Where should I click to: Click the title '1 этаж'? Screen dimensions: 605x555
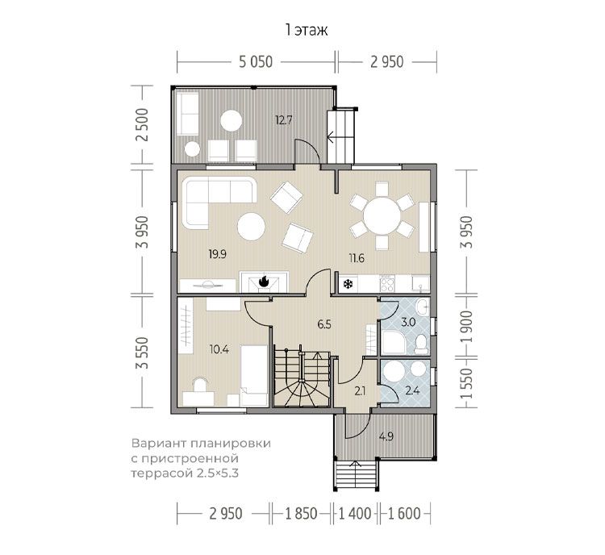click(x=307, y=30)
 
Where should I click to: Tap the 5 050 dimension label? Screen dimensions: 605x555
click(x=256, y=62)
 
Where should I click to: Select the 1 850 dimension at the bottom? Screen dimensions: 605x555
click(x=301, y=514)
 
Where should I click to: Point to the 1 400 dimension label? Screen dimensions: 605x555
click(x=355, y=514)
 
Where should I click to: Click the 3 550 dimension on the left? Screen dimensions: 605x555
click(x=143, y=353)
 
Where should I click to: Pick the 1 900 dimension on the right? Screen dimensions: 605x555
click(x=467, y=327)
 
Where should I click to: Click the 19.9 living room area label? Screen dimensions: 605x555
click(x=217, y=254)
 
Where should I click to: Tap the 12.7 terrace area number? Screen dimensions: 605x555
click(x=284, y=119)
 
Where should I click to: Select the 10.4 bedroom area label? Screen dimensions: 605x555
click(x=219, y=349)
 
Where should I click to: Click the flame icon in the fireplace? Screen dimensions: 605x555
click(x=264, y=281)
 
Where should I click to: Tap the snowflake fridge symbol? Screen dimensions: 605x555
click(x=348, y=285)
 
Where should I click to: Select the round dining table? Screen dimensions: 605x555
click(x=382, y=215)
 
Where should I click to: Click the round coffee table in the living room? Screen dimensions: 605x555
click(x=251, y=227)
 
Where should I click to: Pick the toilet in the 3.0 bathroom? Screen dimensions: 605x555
click(x=421, y=344)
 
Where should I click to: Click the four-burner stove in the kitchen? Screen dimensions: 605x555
click(x=387, y=284)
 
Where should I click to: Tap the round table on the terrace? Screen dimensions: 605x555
click(x=232, y=121)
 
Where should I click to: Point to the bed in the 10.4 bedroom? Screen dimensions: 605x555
click(x=254, y=375)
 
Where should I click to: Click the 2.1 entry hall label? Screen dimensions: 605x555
click(x=360, y=392)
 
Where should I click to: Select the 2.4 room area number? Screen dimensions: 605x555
click(x=412, y=390)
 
